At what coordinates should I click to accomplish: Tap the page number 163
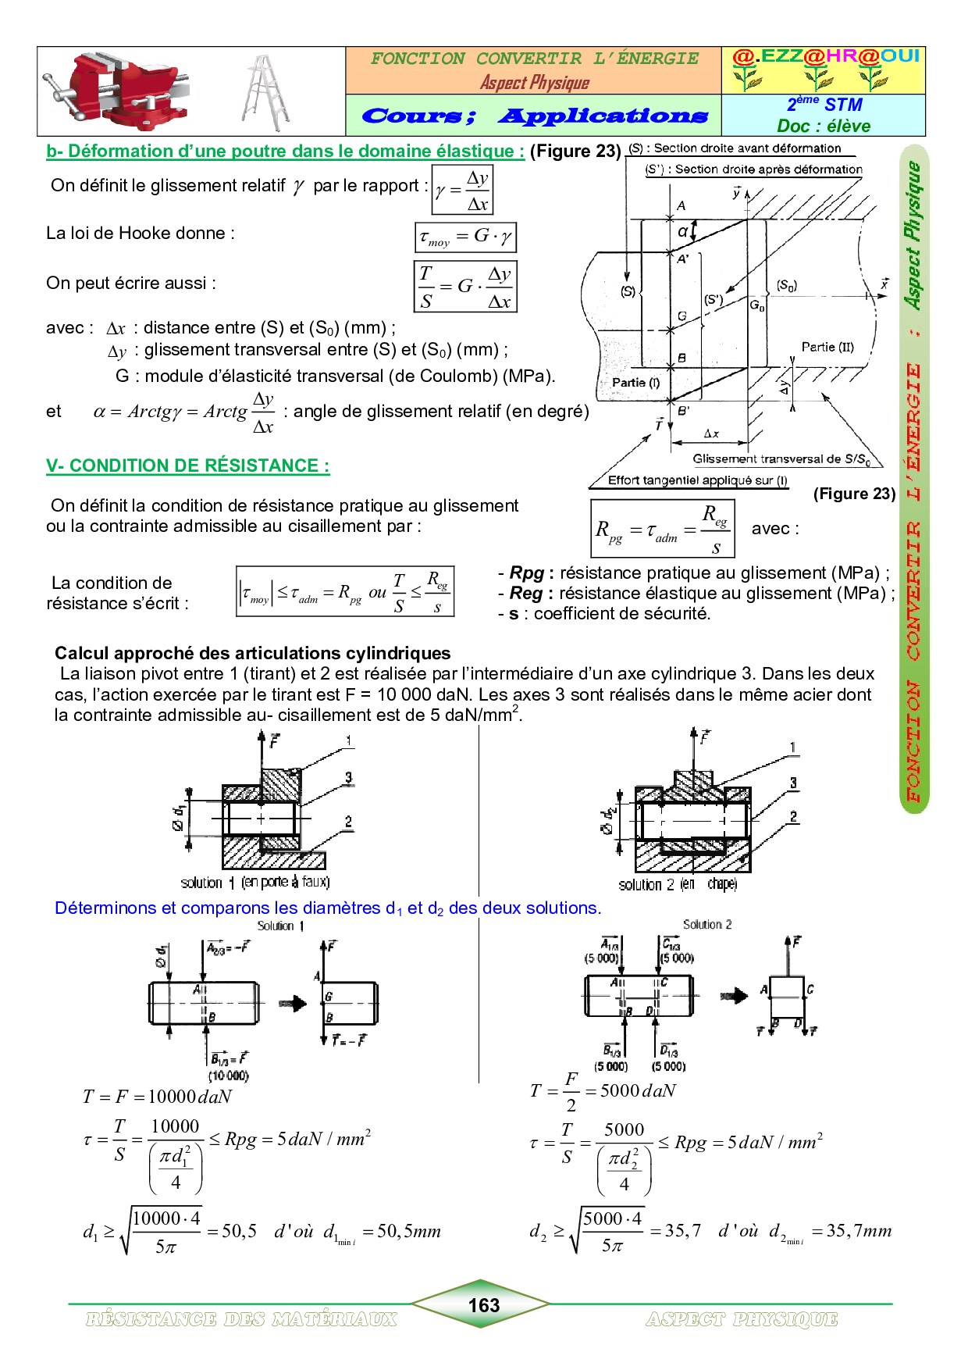click(483, 1305)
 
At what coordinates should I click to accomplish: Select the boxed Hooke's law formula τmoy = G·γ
click(465, 237)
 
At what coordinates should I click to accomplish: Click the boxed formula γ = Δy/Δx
click(462, 190)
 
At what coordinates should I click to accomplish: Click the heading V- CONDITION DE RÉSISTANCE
click(187, 466)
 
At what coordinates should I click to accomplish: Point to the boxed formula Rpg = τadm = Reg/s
click(662, 529)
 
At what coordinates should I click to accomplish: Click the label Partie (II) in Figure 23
click(827, 347)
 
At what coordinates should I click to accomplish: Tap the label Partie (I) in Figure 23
click(635, 382)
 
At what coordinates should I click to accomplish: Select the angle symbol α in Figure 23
click(683, 231)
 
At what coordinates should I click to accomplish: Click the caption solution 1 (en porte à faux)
click(255, 883)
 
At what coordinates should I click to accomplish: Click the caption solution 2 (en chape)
click(677, 884)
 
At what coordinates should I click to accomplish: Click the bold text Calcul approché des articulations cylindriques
click(253, 653)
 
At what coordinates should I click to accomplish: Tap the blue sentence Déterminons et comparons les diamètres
click(328, 908)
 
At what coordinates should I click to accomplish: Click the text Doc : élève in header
click(824, 126)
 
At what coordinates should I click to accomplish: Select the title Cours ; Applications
click(535, 116)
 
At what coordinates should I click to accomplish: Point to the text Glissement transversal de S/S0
click(781, 459)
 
